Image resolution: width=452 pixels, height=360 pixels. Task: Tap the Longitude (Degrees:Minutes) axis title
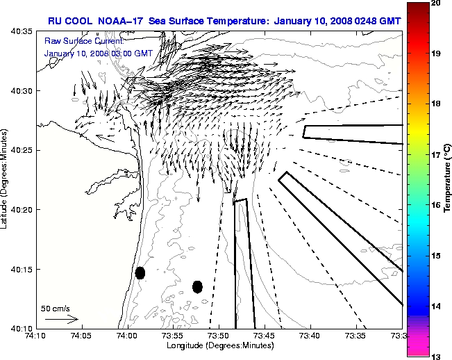pos(219,345)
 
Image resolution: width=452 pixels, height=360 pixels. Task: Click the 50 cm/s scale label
pos(56,308)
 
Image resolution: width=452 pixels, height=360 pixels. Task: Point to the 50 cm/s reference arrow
pos(61,320)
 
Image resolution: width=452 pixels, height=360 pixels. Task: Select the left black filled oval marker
pos(140,272)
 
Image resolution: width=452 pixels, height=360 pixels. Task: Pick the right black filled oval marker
pos(197,286)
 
